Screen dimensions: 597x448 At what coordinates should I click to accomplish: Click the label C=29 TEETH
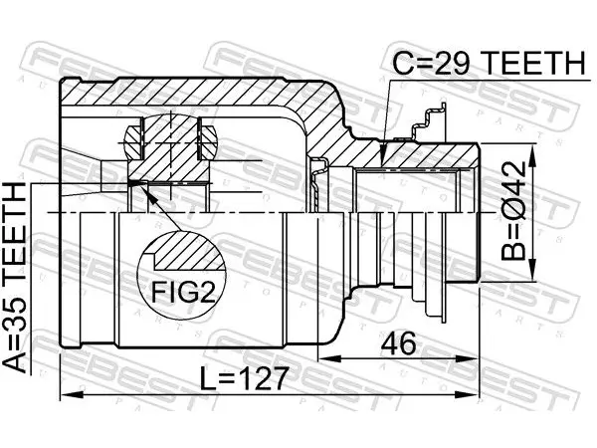tap(489, 63)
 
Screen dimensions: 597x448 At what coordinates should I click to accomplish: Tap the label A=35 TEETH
tap(15, 278)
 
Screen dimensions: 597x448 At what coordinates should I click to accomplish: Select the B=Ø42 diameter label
tap(512, 211)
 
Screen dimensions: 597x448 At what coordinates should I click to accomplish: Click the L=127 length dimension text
tap(244, 378)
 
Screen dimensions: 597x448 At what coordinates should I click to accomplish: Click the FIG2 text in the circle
tap(184, 292)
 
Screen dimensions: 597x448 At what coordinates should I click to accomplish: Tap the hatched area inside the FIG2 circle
tap(188, 253)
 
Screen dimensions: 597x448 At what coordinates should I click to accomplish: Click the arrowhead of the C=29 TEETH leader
tap(384, 159)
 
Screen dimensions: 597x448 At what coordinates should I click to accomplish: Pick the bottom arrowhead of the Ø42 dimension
tap(532, 275)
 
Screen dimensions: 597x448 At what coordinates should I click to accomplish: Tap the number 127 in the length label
tap(264, 378)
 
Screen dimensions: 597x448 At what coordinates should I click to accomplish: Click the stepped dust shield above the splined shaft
tap(429, 122)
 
